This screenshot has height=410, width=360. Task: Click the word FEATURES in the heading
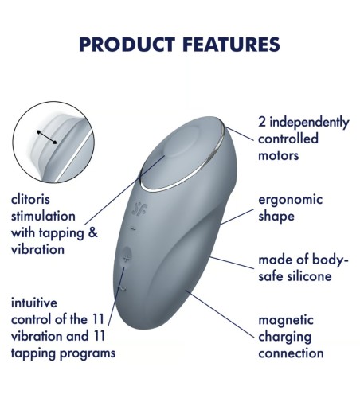(x=229, y=44)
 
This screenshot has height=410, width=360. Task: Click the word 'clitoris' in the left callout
(x=31, y=199)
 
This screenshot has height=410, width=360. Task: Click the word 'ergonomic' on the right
(x=290, y=199)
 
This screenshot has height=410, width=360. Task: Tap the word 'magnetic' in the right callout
(x=285, y=320)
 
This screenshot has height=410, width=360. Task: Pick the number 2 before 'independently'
(x=262, y=123)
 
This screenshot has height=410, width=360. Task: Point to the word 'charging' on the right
(x=285, y=336)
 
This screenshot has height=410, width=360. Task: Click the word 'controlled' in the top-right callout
(x=288, y=139)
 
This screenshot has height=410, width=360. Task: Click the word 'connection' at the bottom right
(x=291, y=353)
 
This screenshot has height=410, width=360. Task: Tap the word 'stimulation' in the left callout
(x=43, y=216)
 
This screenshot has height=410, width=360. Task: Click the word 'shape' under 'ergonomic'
(x=276, y=216)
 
